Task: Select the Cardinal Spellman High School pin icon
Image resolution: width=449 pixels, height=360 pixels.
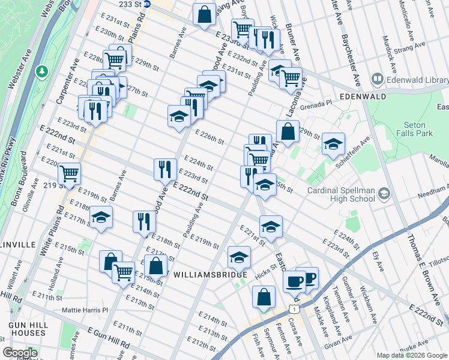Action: [x=384, y=193]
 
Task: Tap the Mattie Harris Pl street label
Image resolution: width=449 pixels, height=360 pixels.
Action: [x=85, y=310]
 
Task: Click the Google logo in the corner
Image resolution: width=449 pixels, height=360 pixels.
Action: [x=20, y=353]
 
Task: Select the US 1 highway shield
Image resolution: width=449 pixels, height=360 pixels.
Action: [x=294, y=308]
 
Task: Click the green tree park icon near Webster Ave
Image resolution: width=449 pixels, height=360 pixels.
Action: [x=41, y=72]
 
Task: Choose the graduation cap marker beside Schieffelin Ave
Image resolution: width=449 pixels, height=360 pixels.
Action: [x=333, y=143]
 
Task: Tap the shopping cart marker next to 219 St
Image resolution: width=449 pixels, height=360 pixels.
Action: [x=70, y=173]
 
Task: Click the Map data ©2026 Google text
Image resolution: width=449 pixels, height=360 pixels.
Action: [x=412, y=355]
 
